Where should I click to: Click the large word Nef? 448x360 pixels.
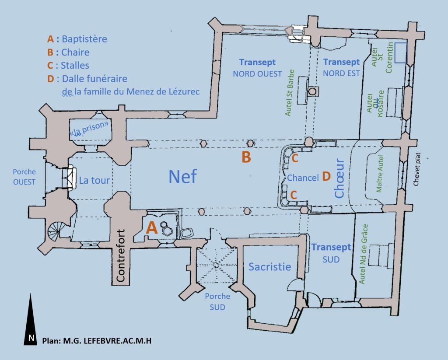183,177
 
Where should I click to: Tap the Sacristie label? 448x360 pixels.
269,266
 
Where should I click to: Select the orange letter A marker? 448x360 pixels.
151,227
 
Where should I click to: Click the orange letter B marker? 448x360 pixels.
246,157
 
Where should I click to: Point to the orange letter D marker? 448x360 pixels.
326,176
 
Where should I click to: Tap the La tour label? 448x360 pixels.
94,180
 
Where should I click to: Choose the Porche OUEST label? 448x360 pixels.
24,177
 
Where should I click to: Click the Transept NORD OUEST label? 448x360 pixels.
257,68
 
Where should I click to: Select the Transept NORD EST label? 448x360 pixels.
341,68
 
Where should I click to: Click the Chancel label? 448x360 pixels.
302,178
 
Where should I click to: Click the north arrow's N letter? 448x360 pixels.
31,337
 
